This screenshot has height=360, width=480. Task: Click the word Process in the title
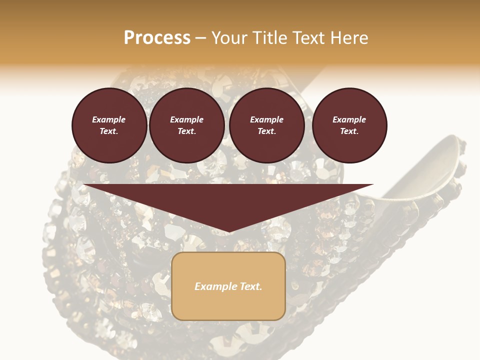(x=157, y=37)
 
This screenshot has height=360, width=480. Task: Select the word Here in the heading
(x=348, y=37)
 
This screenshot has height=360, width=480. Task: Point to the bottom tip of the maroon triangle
(x=228, y=231)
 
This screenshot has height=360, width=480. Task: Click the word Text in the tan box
(x=250, y=286)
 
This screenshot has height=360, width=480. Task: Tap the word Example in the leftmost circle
(x=109, y=119)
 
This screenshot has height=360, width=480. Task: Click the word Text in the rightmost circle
(x=349, y=131)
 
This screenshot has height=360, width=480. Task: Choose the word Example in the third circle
(x=267, y=119)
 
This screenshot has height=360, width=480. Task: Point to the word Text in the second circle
(x=187, y=131)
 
